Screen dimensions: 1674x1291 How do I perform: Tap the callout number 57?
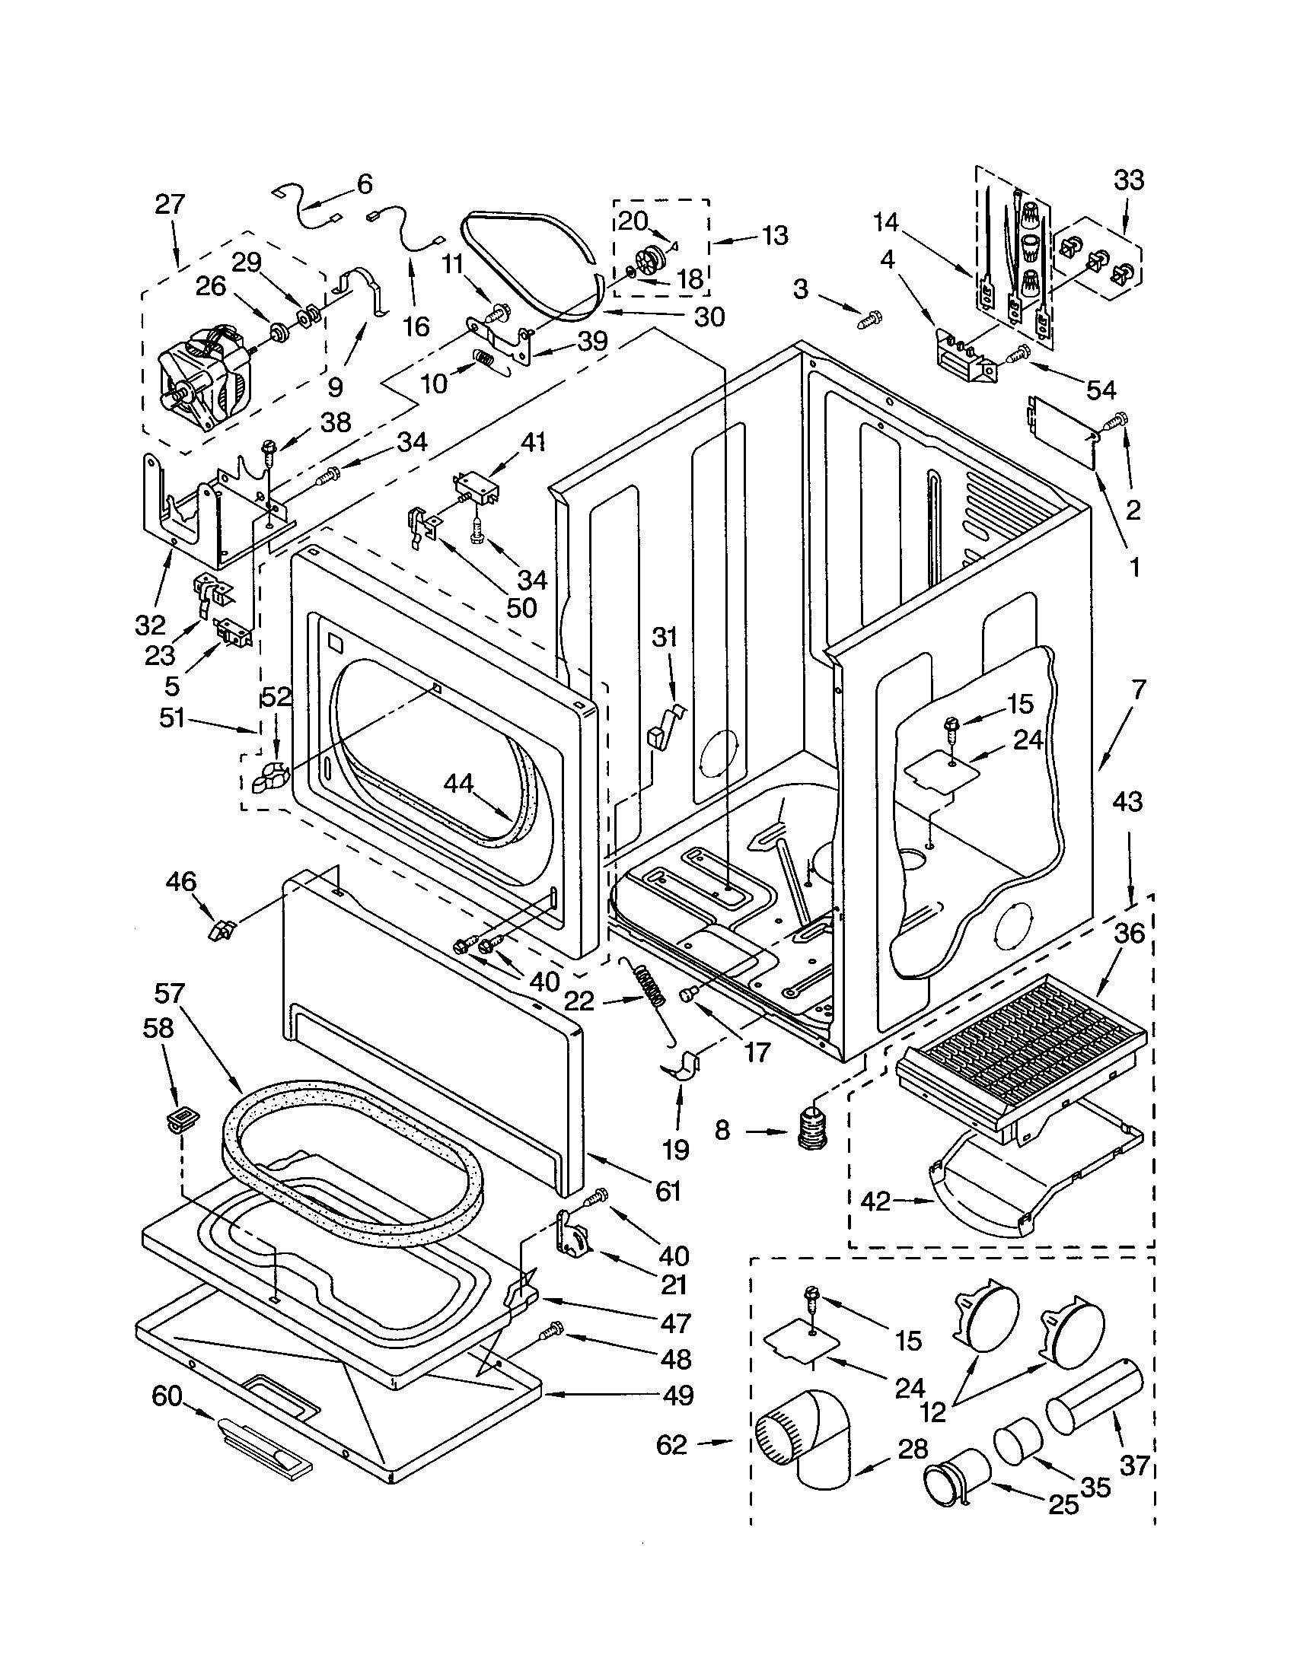tap(169, 993)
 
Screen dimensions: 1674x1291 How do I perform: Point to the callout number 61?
tap(668, 1190)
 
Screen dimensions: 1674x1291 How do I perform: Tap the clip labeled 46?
tap(222, 931)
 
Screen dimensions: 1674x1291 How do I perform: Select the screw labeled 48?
tap(550, 1334)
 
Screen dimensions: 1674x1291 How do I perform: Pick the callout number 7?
tap(1138, 690)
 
